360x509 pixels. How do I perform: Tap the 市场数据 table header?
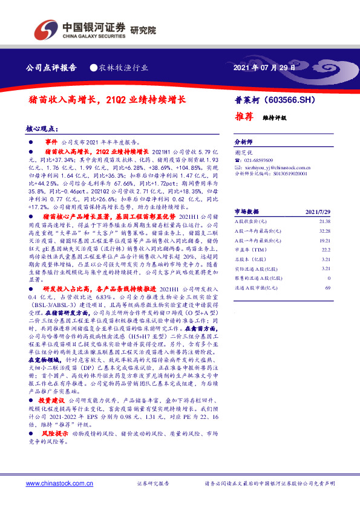(247, 212)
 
